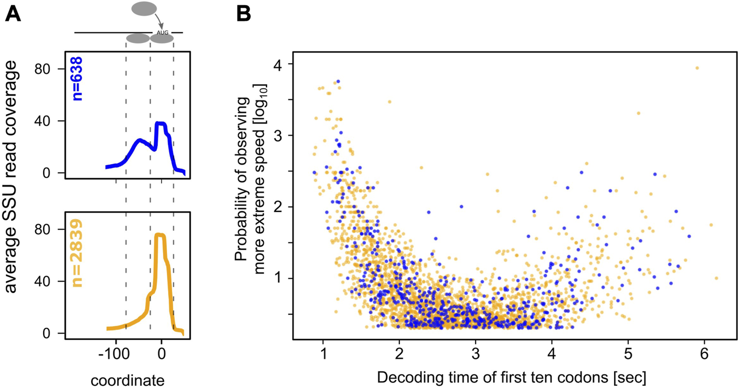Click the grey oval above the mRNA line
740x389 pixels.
pos(144,8)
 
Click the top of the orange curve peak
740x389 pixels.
pos(160,235)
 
